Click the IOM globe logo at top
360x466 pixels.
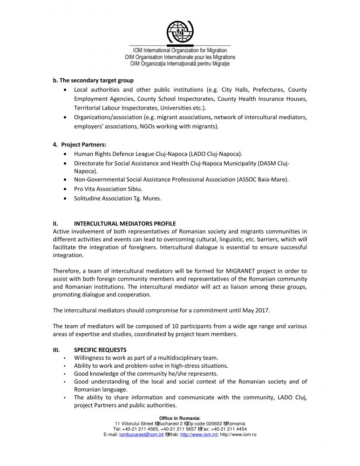point(180,31)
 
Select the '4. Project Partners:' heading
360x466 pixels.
point(80,144)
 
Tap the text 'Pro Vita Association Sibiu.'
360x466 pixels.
point(108,189)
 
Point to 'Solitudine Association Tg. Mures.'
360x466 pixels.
point(118,199)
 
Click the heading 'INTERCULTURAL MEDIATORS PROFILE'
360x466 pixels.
point(125,224)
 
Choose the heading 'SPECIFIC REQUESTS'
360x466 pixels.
point(100,350)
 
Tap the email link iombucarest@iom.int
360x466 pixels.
point(142,435)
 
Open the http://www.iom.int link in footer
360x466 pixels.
point(199,435)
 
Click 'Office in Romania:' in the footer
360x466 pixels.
point(180,418)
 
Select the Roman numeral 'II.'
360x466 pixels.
point(56,224)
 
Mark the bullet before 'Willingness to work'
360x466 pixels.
point(64,358)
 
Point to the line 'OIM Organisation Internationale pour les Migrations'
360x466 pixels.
point(180,57)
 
